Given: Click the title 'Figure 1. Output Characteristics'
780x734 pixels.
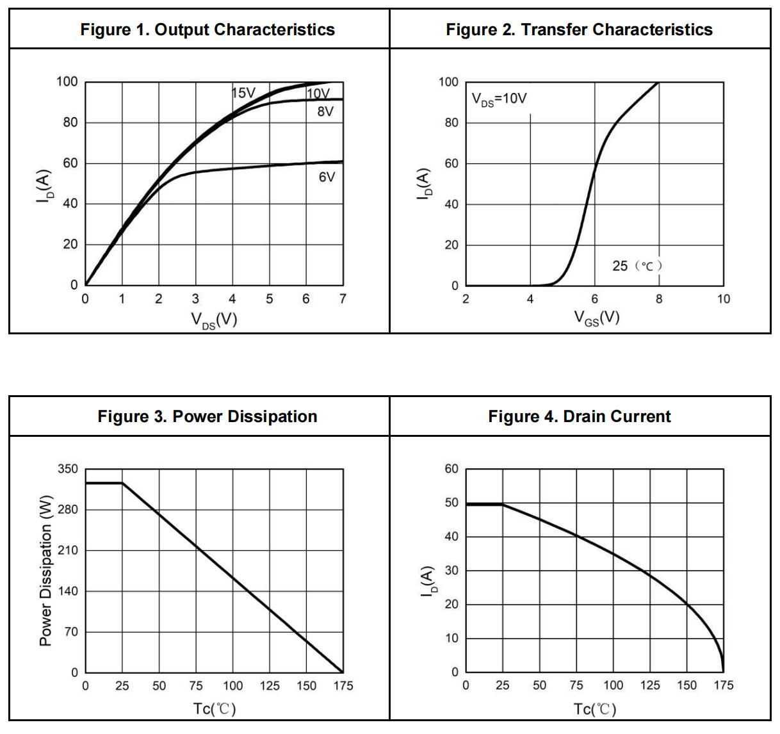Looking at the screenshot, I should click(207, 29).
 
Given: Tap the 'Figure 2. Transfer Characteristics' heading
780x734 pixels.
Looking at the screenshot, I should click(579, 29).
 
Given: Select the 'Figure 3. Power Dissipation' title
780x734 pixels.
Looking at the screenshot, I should click(207, 416).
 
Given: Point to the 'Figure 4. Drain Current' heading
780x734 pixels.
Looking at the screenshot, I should click(579, 416).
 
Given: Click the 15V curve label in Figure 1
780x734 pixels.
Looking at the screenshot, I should click(243, 93).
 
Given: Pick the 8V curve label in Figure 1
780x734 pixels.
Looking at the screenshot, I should click(325, 111).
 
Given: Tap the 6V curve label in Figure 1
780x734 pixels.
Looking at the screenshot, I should click(327, 177).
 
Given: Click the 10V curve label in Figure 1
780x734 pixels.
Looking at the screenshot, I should click(318, 94).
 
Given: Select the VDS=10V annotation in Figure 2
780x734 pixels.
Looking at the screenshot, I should click(500, 99).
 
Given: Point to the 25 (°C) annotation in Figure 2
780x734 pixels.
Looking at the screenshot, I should click(637, 265).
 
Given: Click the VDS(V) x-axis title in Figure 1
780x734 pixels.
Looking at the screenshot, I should click(214, 319).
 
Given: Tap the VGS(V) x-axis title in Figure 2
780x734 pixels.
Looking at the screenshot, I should click(596, 318).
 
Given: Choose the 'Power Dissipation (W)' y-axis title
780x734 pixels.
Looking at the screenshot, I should click(46, 571).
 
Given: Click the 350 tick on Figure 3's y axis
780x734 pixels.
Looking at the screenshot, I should click(67, 469).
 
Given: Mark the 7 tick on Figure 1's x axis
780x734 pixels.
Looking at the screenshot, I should click(343, 299).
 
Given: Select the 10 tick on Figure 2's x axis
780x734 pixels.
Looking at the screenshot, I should click(723, 299).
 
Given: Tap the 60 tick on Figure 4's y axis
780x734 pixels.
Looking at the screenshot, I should click(451, 469).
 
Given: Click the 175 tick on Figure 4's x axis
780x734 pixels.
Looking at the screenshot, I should click(724, 686).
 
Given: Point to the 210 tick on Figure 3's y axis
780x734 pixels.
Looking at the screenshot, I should click(67, 550).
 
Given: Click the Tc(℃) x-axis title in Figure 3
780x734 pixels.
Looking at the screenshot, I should click(214, 709).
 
